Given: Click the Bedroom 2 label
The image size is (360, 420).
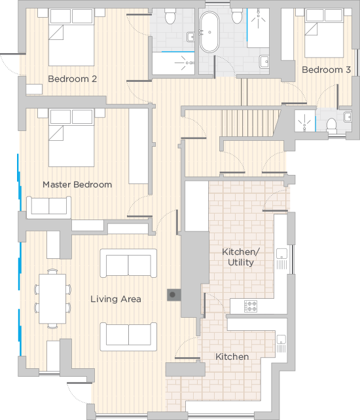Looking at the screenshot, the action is [72, 79].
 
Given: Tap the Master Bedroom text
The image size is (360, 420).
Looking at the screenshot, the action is [77, 185].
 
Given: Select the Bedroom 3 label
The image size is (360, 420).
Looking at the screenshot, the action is [326, 70].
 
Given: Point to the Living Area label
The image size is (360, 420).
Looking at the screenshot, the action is [116, 299].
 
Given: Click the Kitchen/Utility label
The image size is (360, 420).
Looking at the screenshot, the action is [241, 257].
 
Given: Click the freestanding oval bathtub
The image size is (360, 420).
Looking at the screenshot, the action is [209, 32].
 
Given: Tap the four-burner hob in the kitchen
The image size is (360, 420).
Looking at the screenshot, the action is [251, 306].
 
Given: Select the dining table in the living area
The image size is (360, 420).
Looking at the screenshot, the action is [52, 299].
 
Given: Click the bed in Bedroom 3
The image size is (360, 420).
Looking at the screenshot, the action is [324, 33].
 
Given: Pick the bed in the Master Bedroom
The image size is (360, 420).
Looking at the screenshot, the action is [71, 138].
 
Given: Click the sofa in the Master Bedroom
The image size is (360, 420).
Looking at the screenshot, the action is [48, 207].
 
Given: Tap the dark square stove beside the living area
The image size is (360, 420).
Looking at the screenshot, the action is [173, 295].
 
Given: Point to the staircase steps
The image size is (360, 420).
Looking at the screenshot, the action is [250, 123].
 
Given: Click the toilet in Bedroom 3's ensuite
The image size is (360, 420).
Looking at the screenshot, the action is [332, 125].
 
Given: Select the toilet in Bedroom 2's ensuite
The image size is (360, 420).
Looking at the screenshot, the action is [170, 16].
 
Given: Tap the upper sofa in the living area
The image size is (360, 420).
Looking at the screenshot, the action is [128, 263].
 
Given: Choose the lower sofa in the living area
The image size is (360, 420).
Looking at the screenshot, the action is [128, 336].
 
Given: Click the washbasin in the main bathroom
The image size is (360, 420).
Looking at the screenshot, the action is [264, 62].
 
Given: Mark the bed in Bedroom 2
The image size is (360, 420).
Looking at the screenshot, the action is [71, 37].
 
